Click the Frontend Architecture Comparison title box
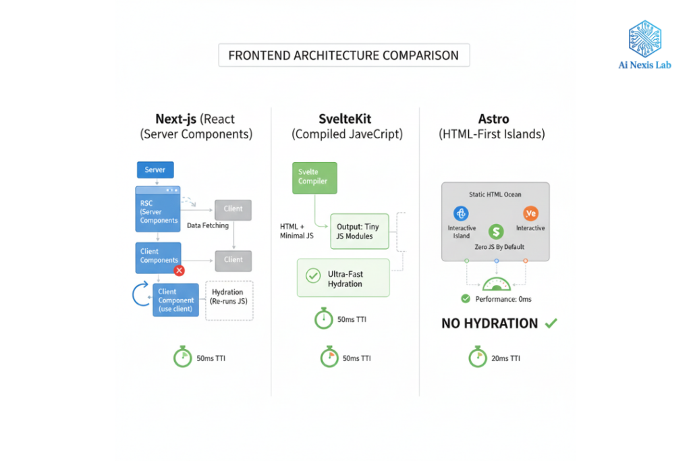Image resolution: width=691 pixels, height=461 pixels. pos(343,55)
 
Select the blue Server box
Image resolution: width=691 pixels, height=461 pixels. pos(155,169)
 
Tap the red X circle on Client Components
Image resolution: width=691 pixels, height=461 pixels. pos(179,271)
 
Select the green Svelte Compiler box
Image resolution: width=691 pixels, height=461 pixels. pos(314,177)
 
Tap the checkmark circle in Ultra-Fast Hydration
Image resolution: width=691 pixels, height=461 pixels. pos(313,275)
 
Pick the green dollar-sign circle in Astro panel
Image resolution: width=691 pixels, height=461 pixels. pos(497,232)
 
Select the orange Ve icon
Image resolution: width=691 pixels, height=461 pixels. pos(530,214)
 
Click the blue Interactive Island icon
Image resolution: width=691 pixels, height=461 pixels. pos(462,214)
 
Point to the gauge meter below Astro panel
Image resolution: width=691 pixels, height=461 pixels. pos(496,284)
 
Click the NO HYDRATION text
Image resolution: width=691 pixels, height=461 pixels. pos(490,323)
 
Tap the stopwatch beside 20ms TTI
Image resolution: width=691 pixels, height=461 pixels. pos(478,358)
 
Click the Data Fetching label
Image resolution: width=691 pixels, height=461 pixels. pos(207,225)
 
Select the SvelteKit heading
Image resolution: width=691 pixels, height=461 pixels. pos(347,119)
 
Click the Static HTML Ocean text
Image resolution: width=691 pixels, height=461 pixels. pos(495,194)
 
